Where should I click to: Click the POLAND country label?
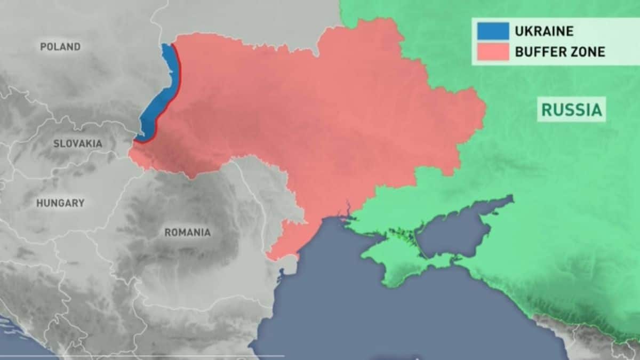pos(60,47)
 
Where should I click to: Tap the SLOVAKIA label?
pos(78,143)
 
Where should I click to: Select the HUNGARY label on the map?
pos(60,203)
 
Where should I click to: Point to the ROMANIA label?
pos(187,233)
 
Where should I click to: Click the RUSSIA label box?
pos(572,110)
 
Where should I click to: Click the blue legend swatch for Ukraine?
pos(493,31)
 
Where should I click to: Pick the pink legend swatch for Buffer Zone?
pos(493,52)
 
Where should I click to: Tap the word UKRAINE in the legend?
pos(544,31)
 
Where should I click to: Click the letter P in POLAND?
pos(43,47)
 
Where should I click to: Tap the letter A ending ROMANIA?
pos(207,233)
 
